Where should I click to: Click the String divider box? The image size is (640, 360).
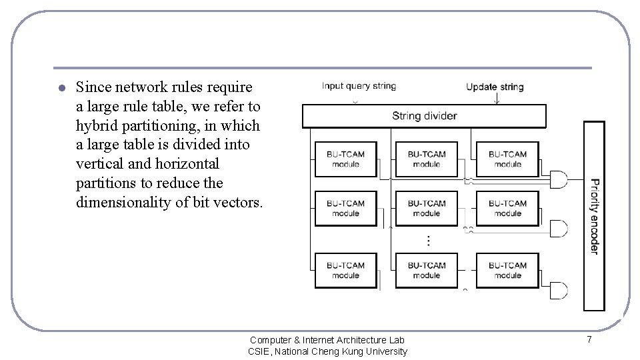click(424, 116)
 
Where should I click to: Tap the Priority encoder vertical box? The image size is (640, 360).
click(594, 216)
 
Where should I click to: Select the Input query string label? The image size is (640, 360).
click(359, 86)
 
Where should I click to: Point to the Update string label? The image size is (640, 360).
click(495, 87)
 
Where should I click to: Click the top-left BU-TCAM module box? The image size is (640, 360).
click(345, 159)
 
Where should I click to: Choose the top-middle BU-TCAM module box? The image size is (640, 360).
click(427, 159)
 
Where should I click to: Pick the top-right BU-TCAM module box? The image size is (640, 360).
click(507, 159)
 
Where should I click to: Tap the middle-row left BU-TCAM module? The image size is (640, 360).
click(345, 209)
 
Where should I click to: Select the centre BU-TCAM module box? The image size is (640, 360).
click(427, 209)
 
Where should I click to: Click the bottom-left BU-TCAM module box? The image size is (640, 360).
click(345, 270)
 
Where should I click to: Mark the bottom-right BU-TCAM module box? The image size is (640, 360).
click(507, 270)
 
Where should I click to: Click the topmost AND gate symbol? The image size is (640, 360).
click(558, 179)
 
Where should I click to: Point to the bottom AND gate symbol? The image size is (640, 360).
click(557, 291)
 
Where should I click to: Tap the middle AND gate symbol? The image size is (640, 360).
click(558, 229)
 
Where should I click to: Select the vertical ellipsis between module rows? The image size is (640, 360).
click(428, 240)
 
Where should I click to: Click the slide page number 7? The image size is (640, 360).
click(589, 340)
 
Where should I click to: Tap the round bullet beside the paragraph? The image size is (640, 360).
click(60, 88)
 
